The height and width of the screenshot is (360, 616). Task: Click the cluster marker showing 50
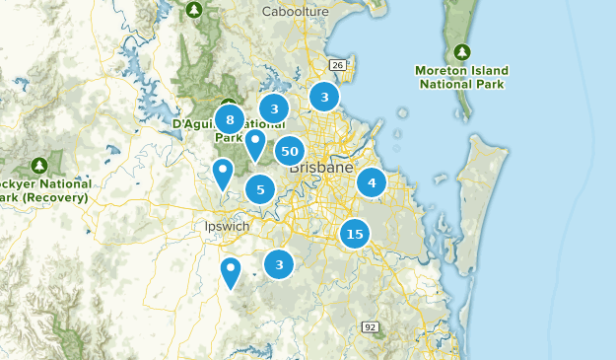coord(289,151)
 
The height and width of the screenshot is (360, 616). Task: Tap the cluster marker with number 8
coord(230,120)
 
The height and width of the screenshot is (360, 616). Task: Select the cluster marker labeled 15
coord(355,234)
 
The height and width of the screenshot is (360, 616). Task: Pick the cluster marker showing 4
coord(372,182)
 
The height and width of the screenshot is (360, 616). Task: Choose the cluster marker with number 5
coord(260,188)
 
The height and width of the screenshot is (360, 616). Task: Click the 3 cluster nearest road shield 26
coord(323,97)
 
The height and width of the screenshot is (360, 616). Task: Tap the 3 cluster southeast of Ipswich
coord(280,263)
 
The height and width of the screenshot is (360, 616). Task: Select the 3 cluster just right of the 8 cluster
coord(274,108)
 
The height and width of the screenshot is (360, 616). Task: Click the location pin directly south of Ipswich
coord(231,270)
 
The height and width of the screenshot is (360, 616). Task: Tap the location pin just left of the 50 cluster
coord(255,144)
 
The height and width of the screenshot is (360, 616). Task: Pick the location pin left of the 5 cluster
coord(224,173)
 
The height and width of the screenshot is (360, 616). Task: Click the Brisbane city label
coord(321,169)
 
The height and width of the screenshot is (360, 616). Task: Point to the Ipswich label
coord(221,226)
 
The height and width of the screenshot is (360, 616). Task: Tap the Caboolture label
coord(295,12)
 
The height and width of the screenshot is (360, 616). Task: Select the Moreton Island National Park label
coord(463,78)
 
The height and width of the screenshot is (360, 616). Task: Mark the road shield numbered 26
coord(338,65)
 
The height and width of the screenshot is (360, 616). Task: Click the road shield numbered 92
coord(371,326)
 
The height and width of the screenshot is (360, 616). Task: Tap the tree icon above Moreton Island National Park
coord(462,51)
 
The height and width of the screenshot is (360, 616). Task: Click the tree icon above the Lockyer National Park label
coord(39,164)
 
